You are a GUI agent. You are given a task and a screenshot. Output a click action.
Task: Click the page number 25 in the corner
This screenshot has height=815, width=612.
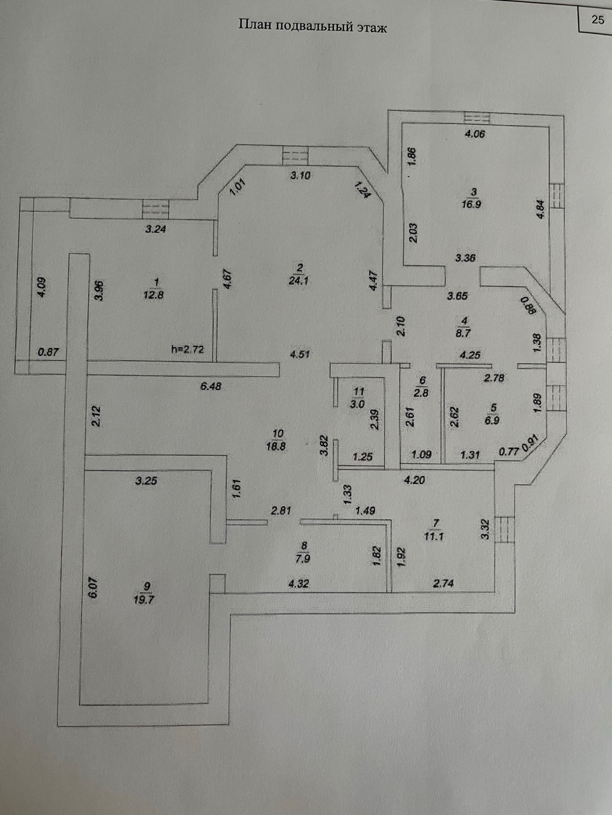(597, 20)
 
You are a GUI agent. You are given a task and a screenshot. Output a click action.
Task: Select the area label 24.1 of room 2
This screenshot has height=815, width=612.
(299, 281)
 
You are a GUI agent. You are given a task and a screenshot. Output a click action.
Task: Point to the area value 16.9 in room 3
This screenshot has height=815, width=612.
(472, 204)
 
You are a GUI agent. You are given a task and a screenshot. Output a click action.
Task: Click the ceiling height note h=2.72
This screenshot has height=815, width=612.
(187, 349)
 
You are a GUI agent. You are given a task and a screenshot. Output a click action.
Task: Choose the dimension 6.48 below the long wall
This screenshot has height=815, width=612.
(211, 386)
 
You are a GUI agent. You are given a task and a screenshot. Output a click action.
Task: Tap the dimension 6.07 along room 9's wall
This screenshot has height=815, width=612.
(94, 589)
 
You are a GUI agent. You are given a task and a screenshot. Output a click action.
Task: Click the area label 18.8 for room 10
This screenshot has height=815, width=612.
(276, 447)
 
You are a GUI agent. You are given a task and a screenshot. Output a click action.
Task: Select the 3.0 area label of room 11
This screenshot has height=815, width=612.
(358, 404)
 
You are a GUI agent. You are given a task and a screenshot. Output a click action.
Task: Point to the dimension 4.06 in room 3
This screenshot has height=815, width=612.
(475, 134)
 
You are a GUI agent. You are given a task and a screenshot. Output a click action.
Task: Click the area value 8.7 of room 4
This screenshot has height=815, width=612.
(463, 333)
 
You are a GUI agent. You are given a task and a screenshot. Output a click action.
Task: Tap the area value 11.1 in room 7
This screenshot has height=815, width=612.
(434, 536)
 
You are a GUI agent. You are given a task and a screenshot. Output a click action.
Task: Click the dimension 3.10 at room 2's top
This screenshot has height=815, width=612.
(300, 175)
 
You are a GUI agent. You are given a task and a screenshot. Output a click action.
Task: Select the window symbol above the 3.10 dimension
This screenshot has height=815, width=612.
(295, 156)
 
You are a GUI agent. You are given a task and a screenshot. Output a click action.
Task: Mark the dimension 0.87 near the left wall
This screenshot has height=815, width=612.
(48, 352)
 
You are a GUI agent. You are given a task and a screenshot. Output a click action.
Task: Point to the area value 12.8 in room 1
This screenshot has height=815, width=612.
(154, 295)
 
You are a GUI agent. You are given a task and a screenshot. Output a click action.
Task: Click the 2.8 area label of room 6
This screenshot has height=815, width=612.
(421, 392)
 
